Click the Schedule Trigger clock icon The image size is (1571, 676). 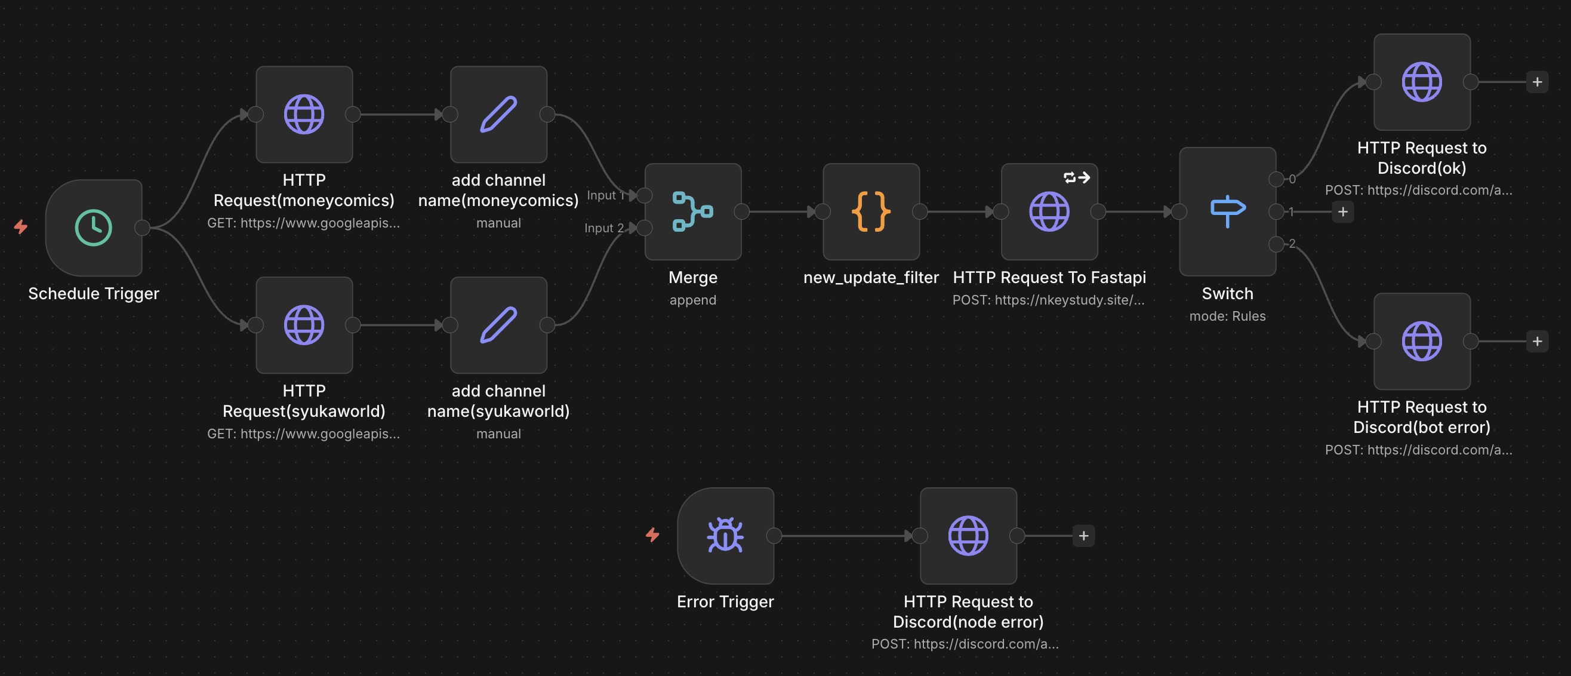[x=93, y=228]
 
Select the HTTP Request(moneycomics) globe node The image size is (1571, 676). [x=304, y=114]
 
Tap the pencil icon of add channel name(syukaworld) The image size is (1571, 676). [x=498, y=325]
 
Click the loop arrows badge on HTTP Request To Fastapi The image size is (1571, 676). [x=1076, y=177]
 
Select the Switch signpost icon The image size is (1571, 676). [x=1227, y=211]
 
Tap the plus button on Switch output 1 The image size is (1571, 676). [x=1342, y=212]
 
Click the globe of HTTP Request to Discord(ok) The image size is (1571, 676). [x=1421, y=82]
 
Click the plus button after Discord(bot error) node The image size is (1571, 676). [x=1537, y=341]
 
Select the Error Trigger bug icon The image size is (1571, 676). [x=725, y=536]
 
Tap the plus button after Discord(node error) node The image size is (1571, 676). [x=1083, y=536]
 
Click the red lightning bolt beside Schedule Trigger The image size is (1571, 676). [x=21, y=227]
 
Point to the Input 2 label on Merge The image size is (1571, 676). [x=603, y=228]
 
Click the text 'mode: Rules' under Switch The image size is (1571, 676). [x=1227, y=316]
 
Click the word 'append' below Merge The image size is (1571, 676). [x=692, y=300]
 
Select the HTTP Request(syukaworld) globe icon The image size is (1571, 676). [x=304, y=325]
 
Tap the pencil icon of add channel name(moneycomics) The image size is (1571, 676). [x=498, y=114]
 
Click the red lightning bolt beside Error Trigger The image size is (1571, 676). [x=652, y=535]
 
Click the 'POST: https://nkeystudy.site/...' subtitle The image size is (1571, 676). [x=1048, y=300]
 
